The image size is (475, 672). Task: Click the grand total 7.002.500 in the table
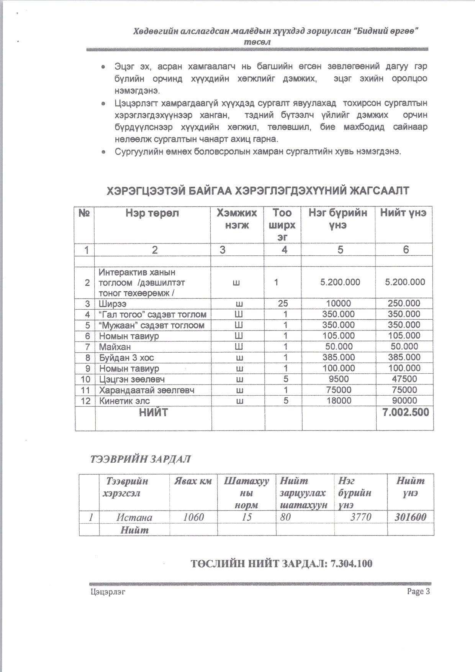tap(405, 412)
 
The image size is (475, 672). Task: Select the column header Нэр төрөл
tap(152, 213)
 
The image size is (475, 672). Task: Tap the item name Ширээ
tap(113, 304)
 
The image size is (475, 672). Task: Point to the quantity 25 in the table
tap(283, 304)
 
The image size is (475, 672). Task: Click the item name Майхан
tap(115, 347)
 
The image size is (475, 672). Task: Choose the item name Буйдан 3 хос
tap(126, 358)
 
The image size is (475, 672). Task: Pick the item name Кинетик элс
tap(124, 401)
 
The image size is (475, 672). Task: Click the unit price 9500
tap(339, 379)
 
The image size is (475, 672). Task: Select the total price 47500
tap(405, 379)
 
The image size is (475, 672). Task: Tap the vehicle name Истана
tap(134, 518)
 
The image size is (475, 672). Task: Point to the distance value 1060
tap(193, 518)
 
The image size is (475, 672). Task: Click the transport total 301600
tap(410, 517)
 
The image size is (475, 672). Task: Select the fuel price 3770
tap(361, 517)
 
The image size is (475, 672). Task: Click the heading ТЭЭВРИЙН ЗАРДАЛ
tap(140, 459)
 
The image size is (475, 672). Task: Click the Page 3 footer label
tap(418, 591)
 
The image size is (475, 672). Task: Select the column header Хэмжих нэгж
tap(237, 219)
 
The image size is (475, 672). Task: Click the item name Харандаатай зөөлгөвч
tap(147, 390)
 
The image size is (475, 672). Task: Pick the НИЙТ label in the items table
tap(153, 412)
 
